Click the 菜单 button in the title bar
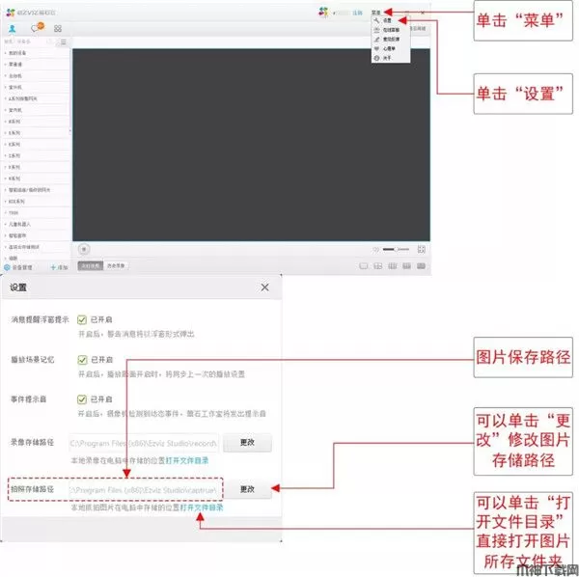pyautogui.click(x=375, y=12)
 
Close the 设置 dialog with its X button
pyautogui.click(x=265, y=288)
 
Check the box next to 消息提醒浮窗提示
pyautogui.click(x=83, y=319)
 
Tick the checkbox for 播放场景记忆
pyautogui.click(x=83, y=360)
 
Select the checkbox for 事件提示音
pyautogui.click(x=83, y=399)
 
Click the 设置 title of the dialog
pyautogui.click(x=19, y=288)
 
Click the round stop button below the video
pyautogui.click(x=84, y=249)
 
